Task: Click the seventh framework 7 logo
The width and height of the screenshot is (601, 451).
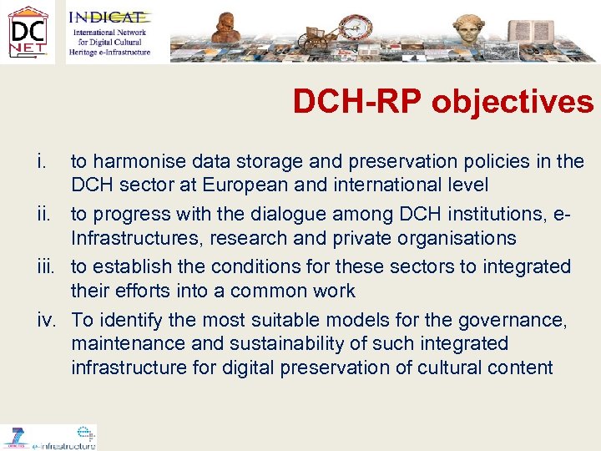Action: (x=15, y=436)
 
